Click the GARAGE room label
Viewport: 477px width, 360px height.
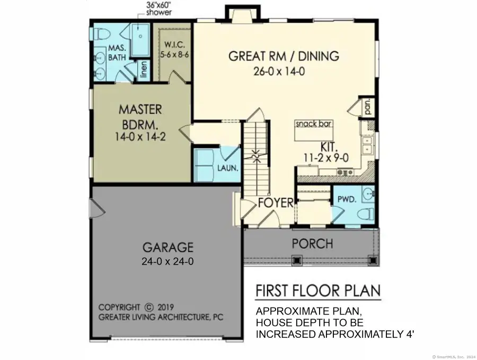(168, 247)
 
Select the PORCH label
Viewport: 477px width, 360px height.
(313, 244)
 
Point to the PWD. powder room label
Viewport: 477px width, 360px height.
(346, 200)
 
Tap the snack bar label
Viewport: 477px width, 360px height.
(314, 124)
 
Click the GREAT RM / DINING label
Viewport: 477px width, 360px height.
(284, 56)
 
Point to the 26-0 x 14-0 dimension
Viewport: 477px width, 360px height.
(279, 71)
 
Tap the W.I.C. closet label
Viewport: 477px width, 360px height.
(174, 45)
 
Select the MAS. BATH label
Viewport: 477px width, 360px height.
(117, 53)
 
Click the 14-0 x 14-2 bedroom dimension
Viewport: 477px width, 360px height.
(140, 136)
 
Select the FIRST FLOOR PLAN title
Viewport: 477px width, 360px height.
(318, 291)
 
